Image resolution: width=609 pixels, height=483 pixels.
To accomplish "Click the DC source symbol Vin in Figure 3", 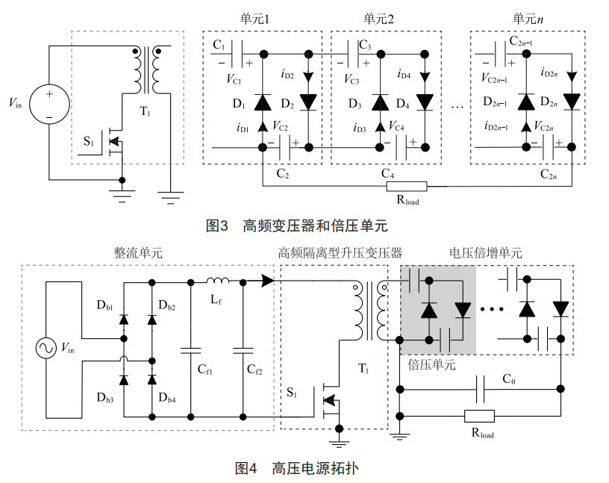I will coord(49,105).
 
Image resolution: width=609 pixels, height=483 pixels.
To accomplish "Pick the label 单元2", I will coord(379,18).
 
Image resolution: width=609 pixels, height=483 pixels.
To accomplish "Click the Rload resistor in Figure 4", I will coord(478,416).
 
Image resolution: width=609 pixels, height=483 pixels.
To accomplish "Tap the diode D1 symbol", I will coord(263,102).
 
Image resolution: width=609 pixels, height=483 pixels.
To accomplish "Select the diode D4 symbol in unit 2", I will coord(425,102).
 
